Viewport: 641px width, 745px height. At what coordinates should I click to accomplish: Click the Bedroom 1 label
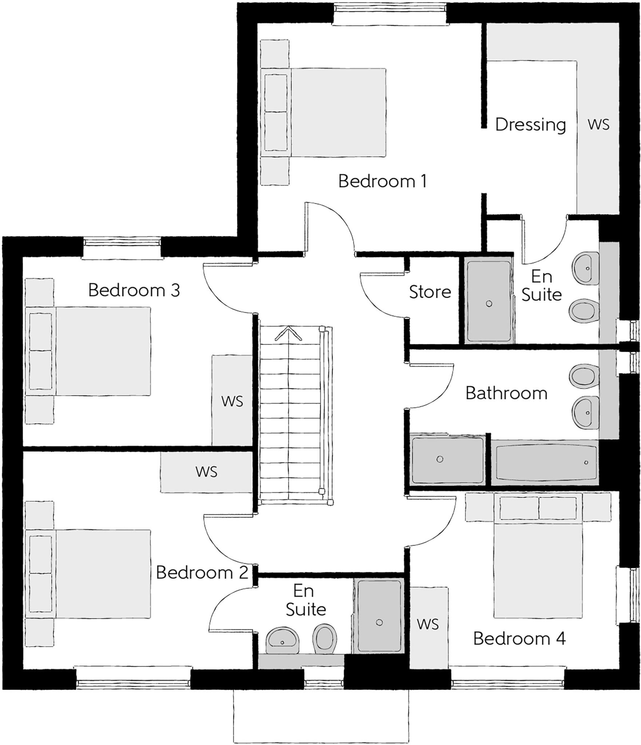coord(382,181)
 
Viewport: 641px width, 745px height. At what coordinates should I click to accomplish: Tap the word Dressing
coord(530,125)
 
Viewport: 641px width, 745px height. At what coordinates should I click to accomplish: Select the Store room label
coord(430,292)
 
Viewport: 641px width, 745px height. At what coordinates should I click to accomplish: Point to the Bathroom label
coord(506,393)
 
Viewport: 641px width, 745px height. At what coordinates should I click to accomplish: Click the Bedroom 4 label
coord(519,638)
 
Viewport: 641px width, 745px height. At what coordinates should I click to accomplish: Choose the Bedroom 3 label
coord(134,290)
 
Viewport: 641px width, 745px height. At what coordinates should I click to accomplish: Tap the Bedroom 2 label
coord(202,573)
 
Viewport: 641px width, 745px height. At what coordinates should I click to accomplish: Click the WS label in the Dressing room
coord(598,125)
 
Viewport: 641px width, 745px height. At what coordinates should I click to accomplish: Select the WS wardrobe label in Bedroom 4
coord(428,624)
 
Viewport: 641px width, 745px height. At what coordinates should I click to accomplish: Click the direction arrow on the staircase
coord(288,334)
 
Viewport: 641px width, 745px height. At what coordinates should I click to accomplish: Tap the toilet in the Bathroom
coord(583,376)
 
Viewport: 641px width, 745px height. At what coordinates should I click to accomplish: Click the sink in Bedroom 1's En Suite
coord(586,268)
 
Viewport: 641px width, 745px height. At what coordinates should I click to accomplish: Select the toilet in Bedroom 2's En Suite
coord(324,639)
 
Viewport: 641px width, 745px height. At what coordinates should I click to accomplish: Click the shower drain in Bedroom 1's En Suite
coord(489,303)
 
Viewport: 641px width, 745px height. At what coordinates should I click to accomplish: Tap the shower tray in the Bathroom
coord(447,460)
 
